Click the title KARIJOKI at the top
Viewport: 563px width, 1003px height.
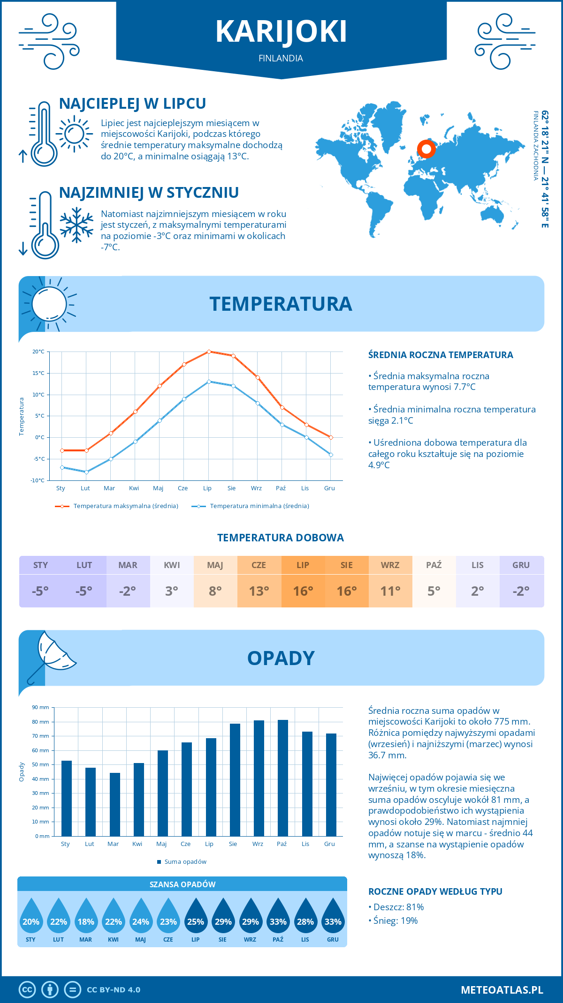pyautogui.click(x=281, y=32)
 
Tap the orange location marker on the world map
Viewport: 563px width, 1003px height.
pyautogui.click(x=426, y=149)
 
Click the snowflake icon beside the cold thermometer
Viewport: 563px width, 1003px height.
pyautogui.click(x=76, y=225)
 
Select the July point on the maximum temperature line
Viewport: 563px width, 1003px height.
pyautogui.click(x=209, y=352)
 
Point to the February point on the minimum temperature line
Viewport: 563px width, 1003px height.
pyautogui.click(x=86, y=472)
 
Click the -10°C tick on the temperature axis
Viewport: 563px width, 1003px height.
pyautogui.click(x=38, y=480)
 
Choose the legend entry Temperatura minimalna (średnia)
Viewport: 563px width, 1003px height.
pyautogui.click(x=259, y=506)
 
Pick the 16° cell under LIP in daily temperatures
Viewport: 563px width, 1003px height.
pyautogui.click(x=303, y=591)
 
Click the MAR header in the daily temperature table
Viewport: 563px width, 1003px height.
pyautogui.click(x=128, y=565)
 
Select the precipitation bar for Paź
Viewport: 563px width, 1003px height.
pyautogui.click(x=282, y=778)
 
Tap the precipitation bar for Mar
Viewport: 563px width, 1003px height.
pyautogui.click(x=115, y=804)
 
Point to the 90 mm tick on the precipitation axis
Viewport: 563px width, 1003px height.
pyautogui.click(x=41, y=707)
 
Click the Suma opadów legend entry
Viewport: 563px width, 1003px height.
pyautogui.click(x=185, y=862)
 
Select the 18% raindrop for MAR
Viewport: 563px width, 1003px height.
pyautogui.click(x=86, y=918)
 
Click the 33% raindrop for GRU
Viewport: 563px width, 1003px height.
pyautogui.click(x=333, y=918)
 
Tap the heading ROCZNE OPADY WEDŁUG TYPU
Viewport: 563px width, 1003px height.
pyautogui.click(x=435, y=891)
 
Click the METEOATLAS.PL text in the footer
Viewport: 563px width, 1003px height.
pyautogui.click(x=502, y=990)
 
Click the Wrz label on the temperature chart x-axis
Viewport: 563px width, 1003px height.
pyautogui.click(x=256, y=488)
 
